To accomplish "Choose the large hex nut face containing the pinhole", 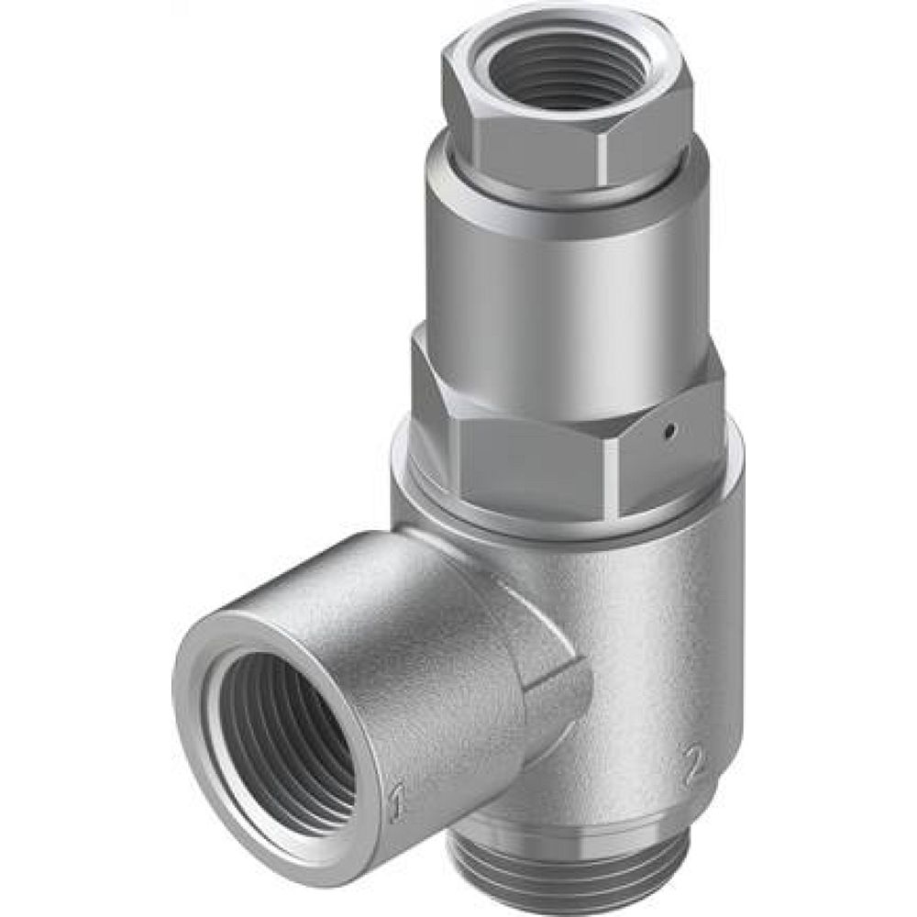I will [679, 449].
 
